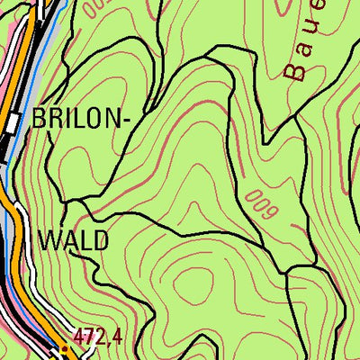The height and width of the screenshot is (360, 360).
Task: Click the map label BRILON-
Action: pyautogui.click(x=74, y=119)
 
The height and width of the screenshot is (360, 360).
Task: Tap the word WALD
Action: pyautogui.click(x=74, y=241)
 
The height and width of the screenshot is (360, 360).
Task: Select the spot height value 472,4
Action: pyautogui.click(x=98, y=337)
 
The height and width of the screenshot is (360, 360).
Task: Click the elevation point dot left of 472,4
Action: pyautogui.click(x=66, y=345)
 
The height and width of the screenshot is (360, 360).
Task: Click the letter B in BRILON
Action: pyautogui.click(x=39, y=119)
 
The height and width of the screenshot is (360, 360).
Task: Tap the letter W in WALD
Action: pyautogui.click(x=50, y=241)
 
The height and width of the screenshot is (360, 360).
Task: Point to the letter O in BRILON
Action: pyautogui.click(x=85, y=119)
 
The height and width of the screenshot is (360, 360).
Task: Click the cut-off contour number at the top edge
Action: pyautogui.click(x=94, y=7)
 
